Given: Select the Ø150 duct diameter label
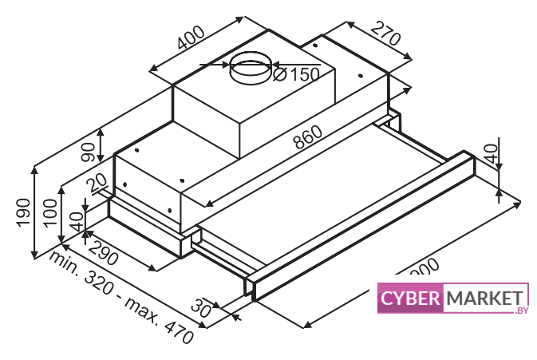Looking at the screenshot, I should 296,74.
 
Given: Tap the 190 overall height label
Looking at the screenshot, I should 26,212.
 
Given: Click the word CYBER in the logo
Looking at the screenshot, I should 410,299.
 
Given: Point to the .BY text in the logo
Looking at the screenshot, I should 523,311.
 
